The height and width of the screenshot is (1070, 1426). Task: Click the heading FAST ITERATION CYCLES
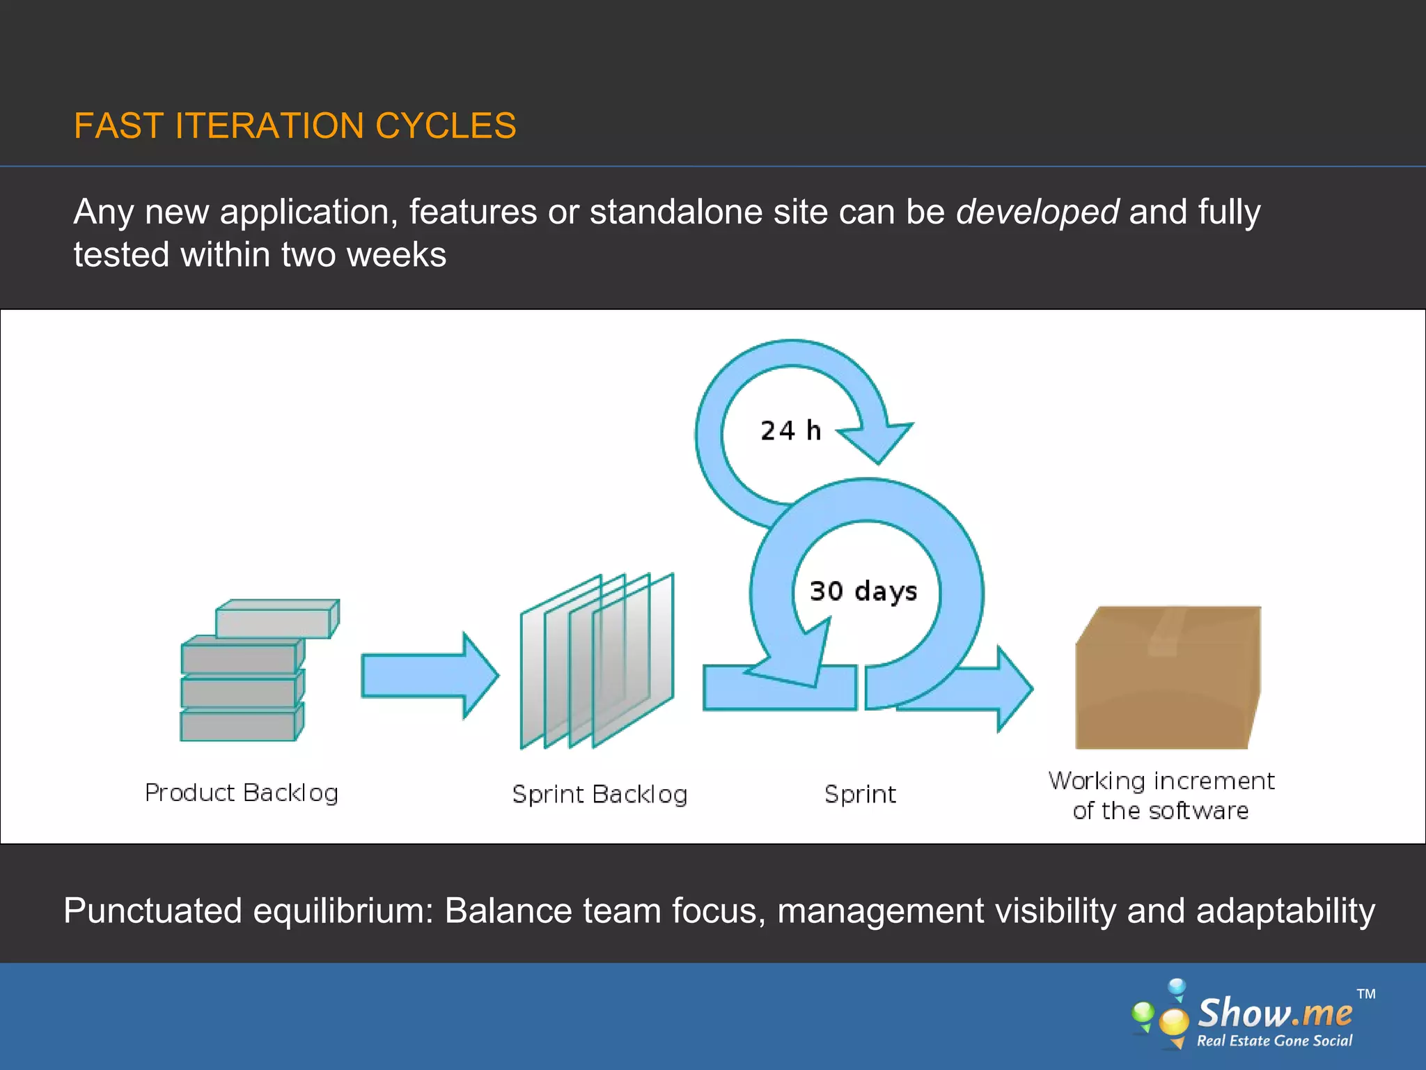295,126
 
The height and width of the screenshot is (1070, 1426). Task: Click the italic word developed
1037,212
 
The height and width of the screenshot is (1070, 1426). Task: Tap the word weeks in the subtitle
396,255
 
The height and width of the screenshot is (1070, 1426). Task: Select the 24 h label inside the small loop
790,431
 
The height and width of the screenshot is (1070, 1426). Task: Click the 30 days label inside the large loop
863,591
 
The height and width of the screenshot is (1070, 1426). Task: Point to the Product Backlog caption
241,793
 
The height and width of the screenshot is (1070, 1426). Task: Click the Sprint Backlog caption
600,794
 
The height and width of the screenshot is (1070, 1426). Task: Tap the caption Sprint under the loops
860,794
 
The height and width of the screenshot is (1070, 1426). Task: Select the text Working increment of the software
1161,796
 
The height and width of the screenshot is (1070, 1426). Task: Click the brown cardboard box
1168,679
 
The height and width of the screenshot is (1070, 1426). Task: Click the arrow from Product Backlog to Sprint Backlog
428,675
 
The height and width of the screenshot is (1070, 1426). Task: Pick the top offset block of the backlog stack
276,619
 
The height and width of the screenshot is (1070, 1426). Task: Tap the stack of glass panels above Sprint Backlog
597,661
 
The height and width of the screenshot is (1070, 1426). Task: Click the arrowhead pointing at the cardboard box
1013,689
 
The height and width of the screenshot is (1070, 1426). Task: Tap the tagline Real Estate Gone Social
1274,1041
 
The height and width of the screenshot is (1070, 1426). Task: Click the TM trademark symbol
1365,994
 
